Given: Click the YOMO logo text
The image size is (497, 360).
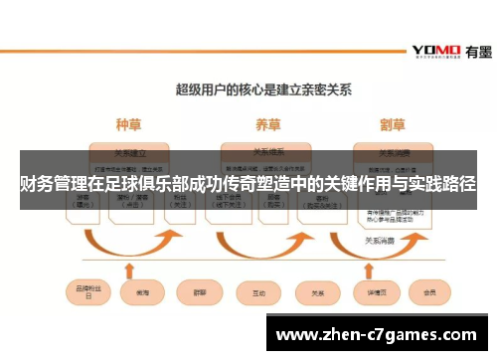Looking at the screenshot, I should tap(435, 51).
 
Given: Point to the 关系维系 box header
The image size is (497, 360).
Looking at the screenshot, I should tap(266, 153).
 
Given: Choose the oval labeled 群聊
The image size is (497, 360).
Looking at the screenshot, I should tap(198, 293).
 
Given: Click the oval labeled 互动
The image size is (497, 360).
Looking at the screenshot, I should tap(258, 293).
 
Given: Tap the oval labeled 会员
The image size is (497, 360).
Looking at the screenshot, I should tap(429, 293).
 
